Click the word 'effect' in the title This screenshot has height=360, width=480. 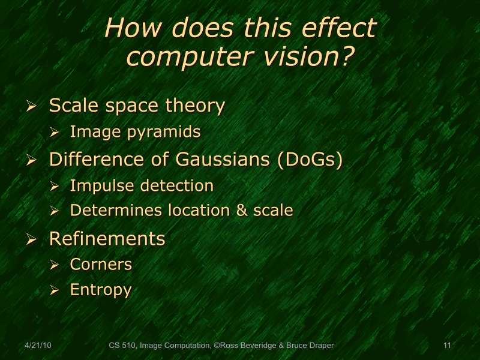tap(337, 28)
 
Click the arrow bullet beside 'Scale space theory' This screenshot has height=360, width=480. tap(32, 107)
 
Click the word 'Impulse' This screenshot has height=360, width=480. tap(100, 185)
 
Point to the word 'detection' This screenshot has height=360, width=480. tap(178, 185)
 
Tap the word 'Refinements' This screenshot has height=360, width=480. tap(107, 239)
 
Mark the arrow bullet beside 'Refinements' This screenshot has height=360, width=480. tap(32, 240)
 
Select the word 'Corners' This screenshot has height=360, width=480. tap(101, 264)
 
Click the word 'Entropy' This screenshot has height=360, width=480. tap(100, 290)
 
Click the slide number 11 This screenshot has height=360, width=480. tap(446, 346)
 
